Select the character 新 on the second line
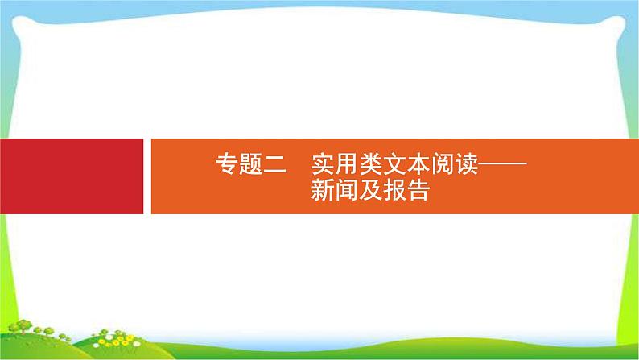pyautogui.click(x=324, y=192)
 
